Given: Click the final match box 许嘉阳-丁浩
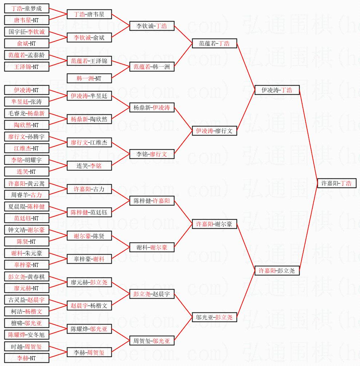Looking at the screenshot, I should point(336,183).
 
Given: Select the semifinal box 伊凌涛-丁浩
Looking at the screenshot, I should point(277,90).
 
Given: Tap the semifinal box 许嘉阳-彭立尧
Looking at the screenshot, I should point(277,271).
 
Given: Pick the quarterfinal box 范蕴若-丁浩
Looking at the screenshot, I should point(214,43).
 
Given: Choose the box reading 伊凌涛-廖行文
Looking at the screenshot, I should point(214,131).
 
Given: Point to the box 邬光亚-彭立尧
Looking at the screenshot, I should point(214,317).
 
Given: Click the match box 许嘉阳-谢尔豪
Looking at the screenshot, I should point(214,224).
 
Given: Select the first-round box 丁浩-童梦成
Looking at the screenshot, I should point(27,8).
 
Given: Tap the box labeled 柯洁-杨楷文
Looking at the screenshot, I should point(27,311).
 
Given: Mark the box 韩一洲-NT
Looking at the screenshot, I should point(89,78).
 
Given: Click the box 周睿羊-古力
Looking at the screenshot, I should point(27,195).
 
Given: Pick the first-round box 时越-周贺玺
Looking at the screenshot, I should point(27,346).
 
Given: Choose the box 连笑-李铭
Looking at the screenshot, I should point(89,166).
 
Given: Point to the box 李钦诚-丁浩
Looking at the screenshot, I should point(152,26).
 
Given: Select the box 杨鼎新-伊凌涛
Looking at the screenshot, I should point(152,107).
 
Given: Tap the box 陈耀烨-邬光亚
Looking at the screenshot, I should point(89,329).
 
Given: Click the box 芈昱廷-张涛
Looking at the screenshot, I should point(27,102).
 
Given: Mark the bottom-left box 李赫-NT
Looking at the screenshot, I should point(27,358).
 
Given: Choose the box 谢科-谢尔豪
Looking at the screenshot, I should point(152,247).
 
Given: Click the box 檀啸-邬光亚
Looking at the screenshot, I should point(27,323).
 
